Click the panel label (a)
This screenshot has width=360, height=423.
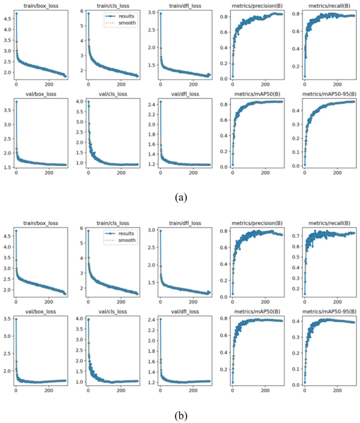(180, 198)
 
